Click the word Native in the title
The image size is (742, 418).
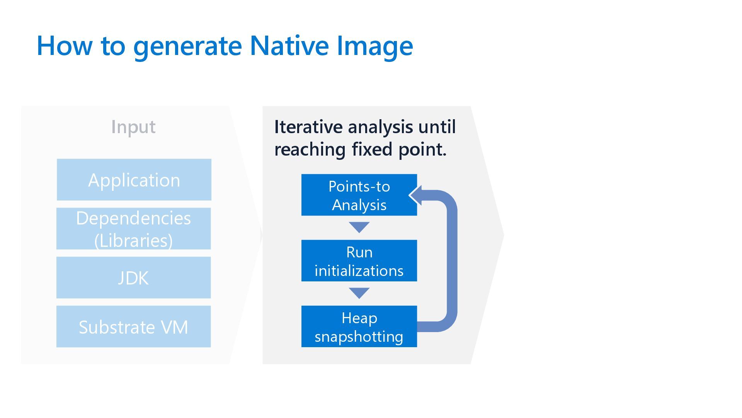click(289, 46)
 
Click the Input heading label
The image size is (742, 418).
click(133, 127)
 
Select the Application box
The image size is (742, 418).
click(134, 180)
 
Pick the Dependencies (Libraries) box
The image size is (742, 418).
click(134, 229)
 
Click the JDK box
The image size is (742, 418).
click(134, 278)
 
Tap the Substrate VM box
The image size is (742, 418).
click(134, 327)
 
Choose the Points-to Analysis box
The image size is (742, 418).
click(359, 195)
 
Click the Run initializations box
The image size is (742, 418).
click(359, 261)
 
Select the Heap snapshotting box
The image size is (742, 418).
click(359, 327)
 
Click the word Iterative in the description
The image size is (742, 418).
click(308, 127)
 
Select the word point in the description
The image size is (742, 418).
click(422, 149)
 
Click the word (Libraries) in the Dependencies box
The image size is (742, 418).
click(134, 240)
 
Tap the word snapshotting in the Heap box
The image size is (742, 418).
click(359, 336)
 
